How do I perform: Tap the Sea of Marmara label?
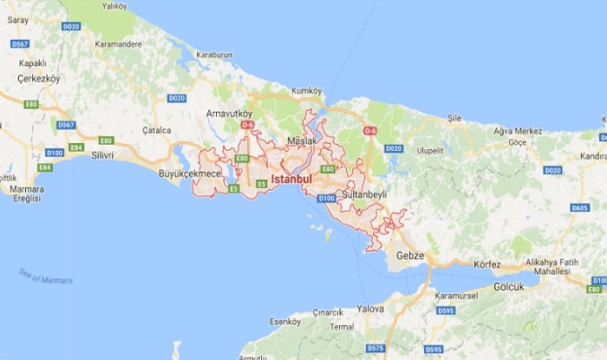46,277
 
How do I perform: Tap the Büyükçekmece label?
189,173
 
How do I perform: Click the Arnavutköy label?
229,113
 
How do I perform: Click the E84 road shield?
76,148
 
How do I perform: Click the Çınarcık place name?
327,311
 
